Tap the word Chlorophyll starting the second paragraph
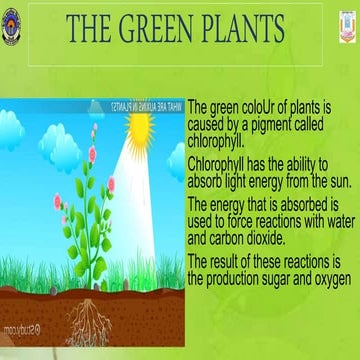pos(221,161)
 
